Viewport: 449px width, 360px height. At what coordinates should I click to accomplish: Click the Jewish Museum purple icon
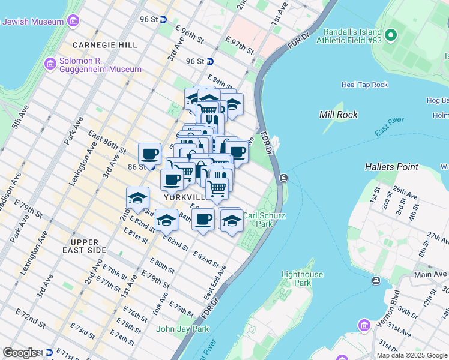point(73,22)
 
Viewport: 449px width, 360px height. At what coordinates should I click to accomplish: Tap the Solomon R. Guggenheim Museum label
point(100,65)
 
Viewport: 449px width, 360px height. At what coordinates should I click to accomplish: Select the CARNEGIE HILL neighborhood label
point(104,44)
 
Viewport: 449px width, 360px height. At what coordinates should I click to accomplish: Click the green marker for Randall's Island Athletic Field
point(391,34)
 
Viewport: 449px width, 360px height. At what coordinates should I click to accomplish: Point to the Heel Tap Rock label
point(364,85)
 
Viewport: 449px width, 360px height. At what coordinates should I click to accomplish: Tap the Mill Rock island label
point(339,115)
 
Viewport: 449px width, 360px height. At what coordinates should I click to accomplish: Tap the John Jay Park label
point(182,329)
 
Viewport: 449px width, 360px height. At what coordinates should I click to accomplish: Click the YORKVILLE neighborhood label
point(183,197)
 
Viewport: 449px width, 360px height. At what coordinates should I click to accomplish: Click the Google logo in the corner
point(21,352)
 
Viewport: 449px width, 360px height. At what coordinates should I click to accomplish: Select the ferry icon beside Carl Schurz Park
point(283,178)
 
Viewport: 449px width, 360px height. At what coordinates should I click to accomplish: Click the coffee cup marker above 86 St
point(149,154)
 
